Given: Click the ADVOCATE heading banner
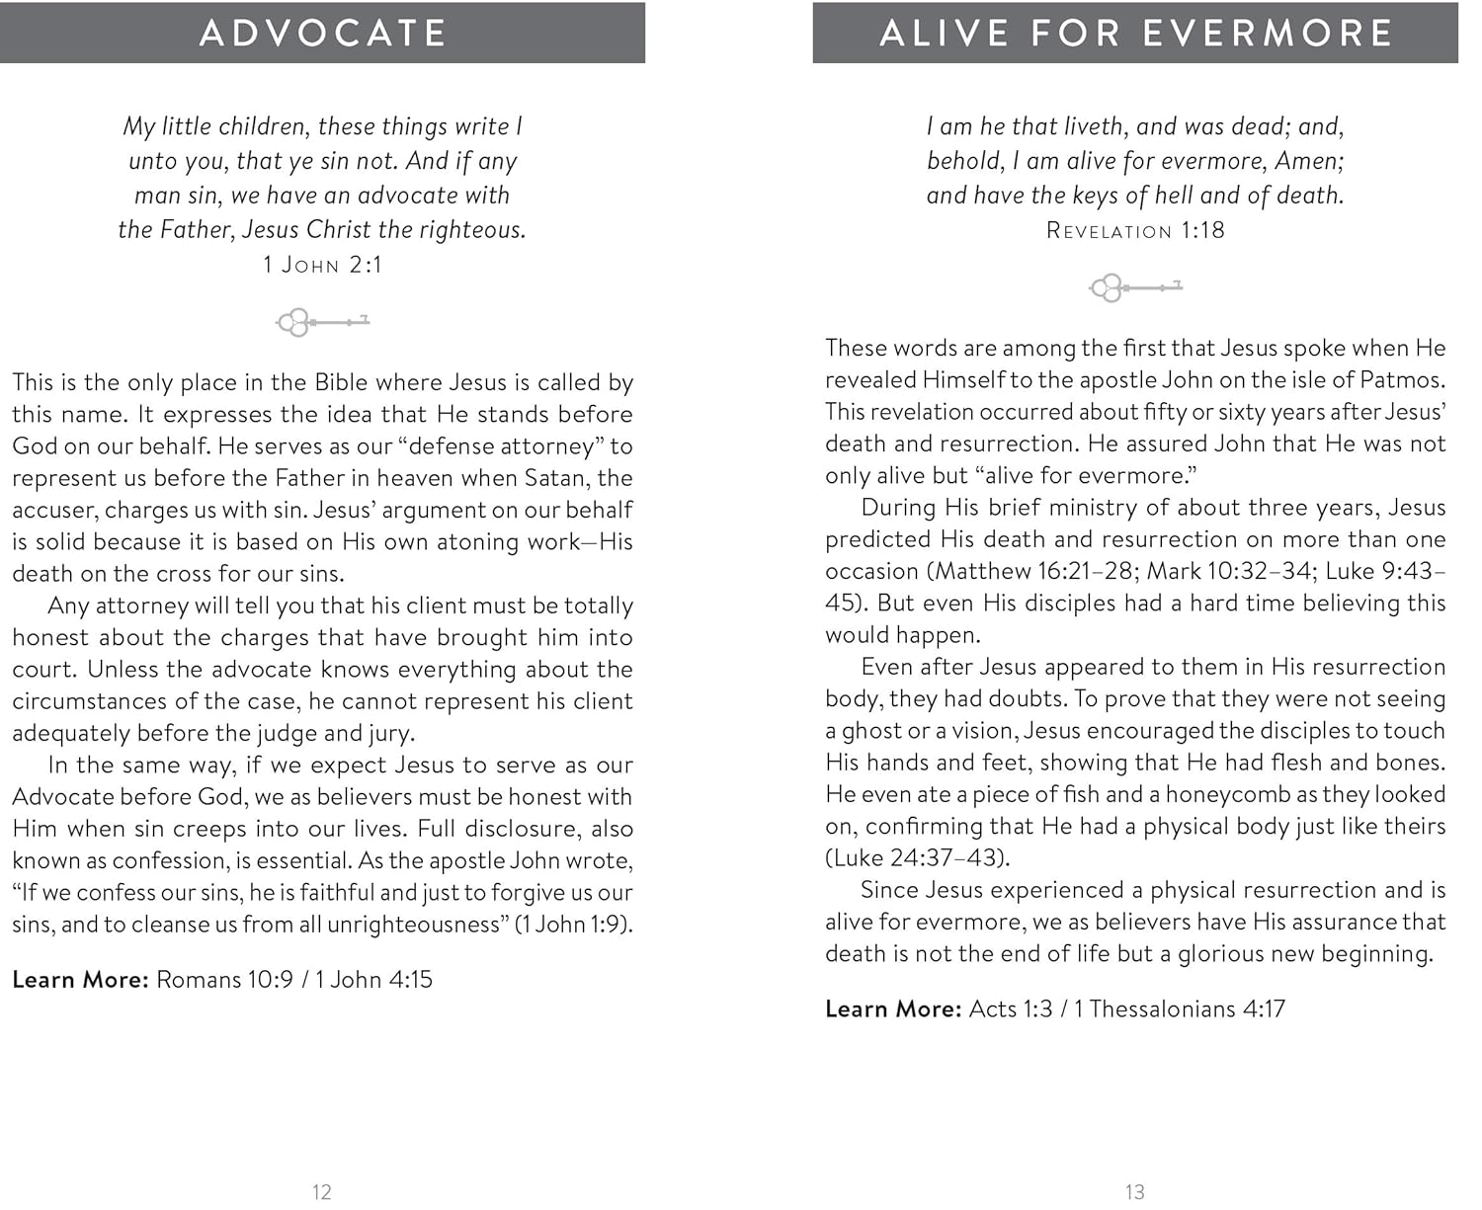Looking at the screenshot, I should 322,33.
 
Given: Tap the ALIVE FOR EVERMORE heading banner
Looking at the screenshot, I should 1135,33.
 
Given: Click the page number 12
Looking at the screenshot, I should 321,1192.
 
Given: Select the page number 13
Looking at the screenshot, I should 1134,1192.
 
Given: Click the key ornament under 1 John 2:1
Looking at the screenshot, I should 322,321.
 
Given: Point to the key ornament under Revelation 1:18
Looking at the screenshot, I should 1135,287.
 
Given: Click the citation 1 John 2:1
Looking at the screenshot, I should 322,265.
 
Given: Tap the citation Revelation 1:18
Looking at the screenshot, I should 1135,230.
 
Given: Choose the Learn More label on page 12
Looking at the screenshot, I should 80,979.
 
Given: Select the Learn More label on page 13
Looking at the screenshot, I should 893,1008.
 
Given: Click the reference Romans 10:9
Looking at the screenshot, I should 225,979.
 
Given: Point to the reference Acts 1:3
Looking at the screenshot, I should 1010,1008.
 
